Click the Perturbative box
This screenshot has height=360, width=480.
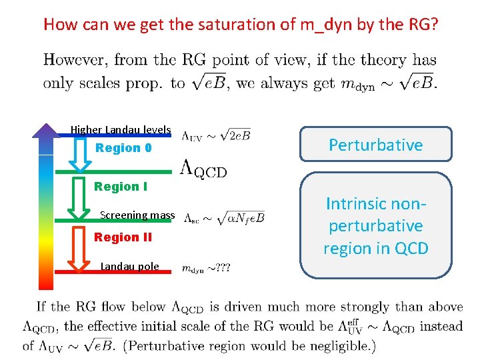[375, 145]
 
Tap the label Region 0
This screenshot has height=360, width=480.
[123, 148]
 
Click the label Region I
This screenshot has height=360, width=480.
[121, 187]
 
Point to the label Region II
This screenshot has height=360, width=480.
[123, 237]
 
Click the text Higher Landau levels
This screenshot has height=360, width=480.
[121, 129]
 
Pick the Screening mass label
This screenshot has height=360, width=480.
[137, 215]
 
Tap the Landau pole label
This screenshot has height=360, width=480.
[129, 267]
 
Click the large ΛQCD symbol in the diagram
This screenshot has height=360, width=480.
[203, 170]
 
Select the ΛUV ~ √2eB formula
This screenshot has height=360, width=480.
[217, 135]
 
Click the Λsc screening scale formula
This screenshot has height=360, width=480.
[224, 217]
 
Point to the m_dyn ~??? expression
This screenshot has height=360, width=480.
[207, 268]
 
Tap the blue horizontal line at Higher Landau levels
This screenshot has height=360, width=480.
[120, 136]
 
